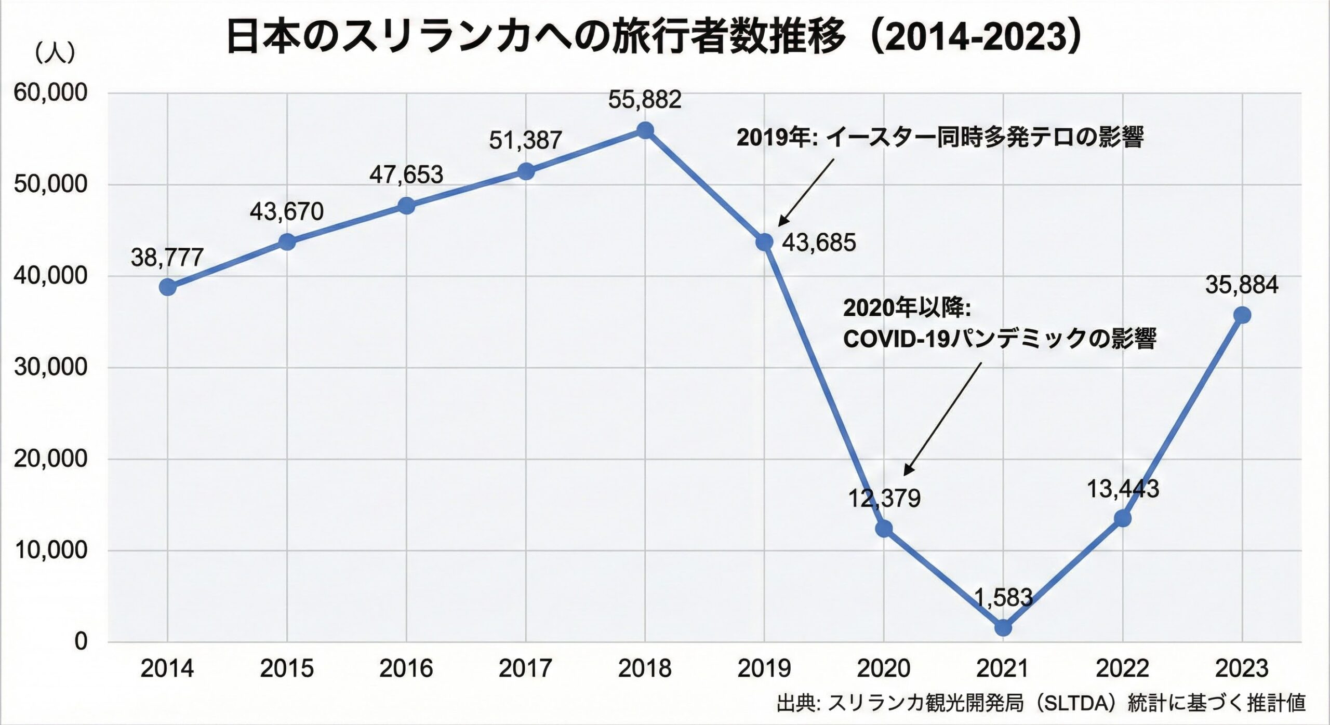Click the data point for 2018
645,130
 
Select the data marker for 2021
1003,627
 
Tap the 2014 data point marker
167,287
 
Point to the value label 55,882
645,100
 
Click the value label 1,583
1003,598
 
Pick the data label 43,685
819,243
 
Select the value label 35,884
1242,285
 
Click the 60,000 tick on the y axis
50,93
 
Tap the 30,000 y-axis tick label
50,367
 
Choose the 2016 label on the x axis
406,669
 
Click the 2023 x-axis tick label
1242,669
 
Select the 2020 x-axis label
883,669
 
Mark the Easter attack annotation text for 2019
940,138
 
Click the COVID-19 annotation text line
999,339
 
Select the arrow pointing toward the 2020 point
942,419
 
